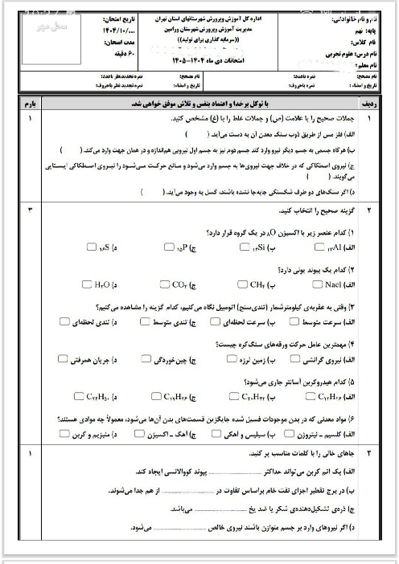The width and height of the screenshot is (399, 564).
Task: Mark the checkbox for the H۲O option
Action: tap(86, 284)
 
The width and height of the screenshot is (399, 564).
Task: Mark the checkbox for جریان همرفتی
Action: tap(82, 358)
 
